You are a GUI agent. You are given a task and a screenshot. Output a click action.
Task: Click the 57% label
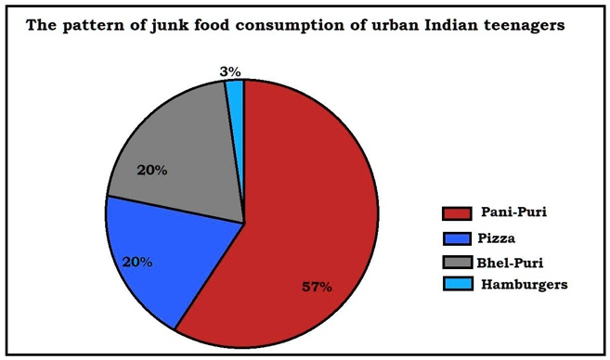[317, 287]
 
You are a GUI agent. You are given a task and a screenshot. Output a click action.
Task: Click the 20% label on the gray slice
[151, 170]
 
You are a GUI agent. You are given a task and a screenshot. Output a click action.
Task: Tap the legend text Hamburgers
[525, 285]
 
